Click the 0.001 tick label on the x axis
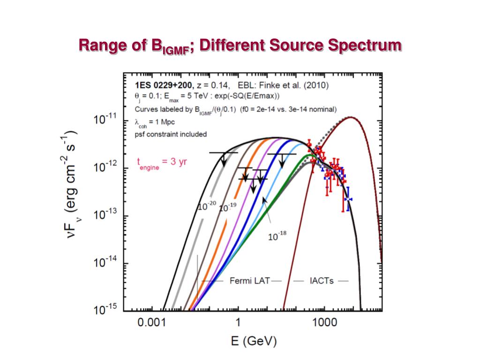pyautogui.click(x=153, y=323)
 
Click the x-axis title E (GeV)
pyautogui.click(x=254, y=341)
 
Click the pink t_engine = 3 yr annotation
pyautogui.click(x=161, y=163)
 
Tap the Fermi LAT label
pyautogui.click(x=249, y=281)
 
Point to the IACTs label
pyautogui.click(x=321, y=281)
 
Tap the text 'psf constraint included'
pyautogui.click(x=171, y=134)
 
